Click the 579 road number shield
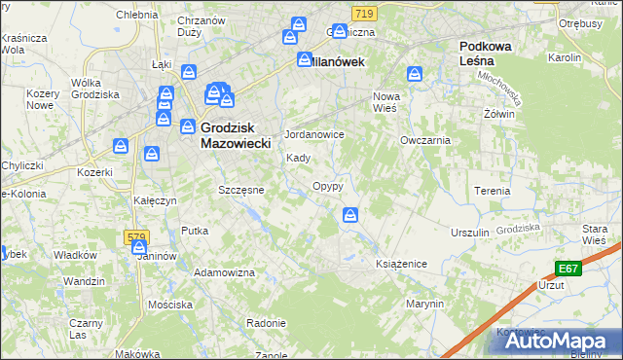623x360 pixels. [x=135, y=236]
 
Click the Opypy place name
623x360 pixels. [x=327, y=186]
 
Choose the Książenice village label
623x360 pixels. [x=402, y=264]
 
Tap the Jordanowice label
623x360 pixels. [x=313, y=134]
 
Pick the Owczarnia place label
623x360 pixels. [x=425, y=140]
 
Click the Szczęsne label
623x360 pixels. [x=241, y=190]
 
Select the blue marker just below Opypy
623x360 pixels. [x=350, y=215]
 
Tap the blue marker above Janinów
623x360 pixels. [x=139, y=248]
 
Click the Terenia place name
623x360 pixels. [x=492, y=191]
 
